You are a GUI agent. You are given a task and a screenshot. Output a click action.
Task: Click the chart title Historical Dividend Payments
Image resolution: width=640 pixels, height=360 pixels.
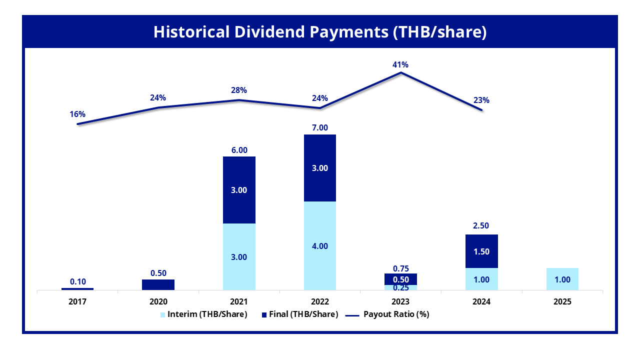tap(319, 31)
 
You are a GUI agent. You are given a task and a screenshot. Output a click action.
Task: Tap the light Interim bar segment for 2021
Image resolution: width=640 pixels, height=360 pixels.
tap(239, 256)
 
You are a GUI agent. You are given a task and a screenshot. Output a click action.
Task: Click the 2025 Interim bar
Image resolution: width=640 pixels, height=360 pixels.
tap(562, 279)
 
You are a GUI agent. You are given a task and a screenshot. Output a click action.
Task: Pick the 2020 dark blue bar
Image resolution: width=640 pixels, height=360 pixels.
tap(158, 284)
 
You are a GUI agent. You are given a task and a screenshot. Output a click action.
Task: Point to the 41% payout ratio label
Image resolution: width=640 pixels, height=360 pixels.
tap(400, 64)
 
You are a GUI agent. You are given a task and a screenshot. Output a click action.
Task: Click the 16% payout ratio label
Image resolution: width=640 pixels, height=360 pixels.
tap(77, 114)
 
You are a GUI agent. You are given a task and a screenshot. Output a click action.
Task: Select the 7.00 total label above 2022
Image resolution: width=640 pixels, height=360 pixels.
tap(319, 127)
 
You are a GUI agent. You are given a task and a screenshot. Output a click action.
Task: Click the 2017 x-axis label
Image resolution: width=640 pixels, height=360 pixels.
tap(77, 302)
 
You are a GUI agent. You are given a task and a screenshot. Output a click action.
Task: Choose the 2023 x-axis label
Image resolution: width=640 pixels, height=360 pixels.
tap(400, 302)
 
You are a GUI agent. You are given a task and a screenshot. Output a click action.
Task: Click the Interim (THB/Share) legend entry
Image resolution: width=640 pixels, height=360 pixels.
tap(203, 314)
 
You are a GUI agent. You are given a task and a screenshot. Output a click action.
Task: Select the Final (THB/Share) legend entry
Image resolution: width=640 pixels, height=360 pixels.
tap(299, 314)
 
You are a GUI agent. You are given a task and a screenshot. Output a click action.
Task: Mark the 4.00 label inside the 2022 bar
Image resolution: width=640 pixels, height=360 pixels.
tap(319, 246)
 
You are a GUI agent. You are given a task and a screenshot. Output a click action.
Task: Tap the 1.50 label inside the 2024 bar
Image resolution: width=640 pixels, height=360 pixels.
tap(481, 251)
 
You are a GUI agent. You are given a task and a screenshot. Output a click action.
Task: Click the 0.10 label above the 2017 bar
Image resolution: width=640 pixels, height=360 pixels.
tap(77, 281)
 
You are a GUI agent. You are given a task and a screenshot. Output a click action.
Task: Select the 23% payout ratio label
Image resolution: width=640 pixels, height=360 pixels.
tap(481, 100)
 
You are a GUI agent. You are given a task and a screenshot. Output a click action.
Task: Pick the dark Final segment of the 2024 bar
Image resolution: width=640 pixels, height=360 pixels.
tap(481, 245)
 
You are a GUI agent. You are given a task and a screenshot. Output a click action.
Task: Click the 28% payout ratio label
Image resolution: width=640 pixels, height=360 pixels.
tap(239, 90)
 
